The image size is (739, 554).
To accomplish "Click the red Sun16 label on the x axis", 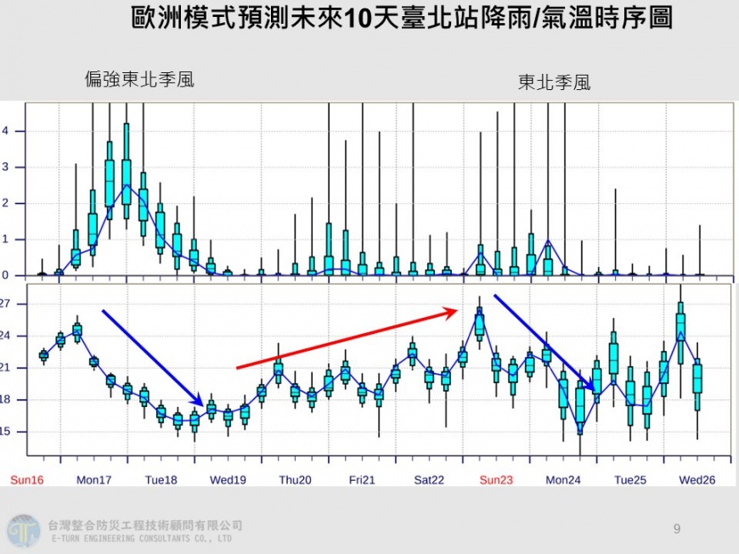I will tap(26, 480).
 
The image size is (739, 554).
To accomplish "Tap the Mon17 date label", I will tap(94, 480).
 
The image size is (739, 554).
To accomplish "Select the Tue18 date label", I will tap(161, 480).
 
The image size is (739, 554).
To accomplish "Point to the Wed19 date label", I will tap(228, 480).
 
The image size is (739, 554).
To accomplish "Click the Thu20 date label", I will tap(295, 480).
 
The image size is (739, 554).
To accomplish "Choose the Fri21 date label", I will tap(362, 480).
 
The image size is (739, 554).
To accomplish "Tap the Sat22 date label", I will tap(429, 480).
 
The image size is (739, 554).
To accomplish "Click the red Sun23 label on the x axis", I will tap(496, 480).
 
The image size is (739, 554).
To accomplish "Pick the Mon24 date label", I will tap(563, 480).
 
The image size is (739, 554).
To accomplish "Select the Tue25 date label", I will tap(630, 480).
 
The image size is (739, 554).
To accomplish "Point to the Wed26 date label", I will tap(697, 480).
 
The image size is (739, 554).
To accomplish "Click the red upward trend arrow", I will tap(348, 340).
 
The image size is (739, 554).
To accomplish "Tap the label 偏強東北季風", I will tap(139, 80).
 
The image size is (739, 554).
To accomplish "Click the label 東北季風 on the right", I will tap(554, 82).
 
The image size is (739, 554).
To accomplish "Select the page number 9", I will tap(677, 529).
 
